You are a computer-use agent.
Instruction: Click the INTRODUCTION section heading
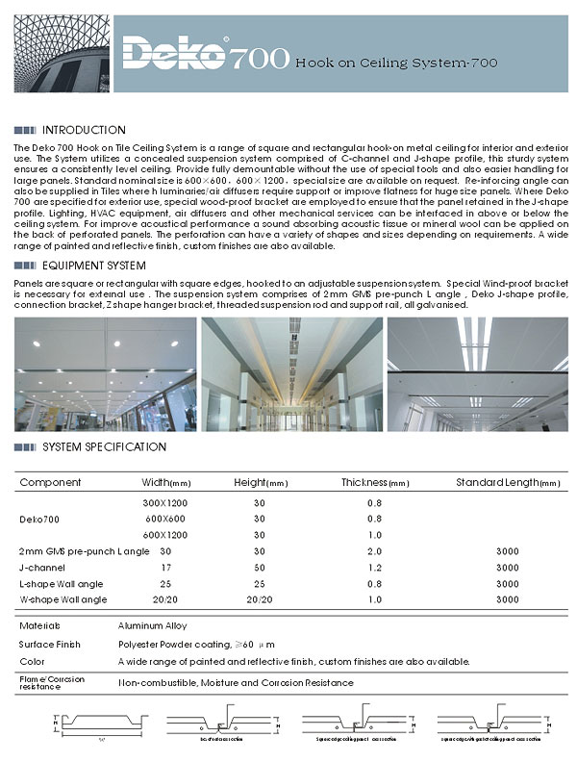coord(84,130)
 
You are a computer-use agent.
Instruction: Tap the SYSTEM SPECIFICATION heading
coord(105,447)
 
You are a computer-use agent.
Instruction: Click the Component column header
coord(51,482)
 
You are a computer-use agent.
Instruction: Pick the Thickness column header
coord(376,482)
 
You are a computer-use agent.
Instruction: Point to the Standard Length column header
coord(508,482)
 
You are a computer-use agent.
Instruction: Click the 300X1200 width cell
coord(165,502)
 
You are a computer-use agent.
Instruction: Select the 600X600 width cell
coord(165,519)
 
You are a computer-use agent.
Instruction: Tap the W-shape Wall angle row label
coord(63,600)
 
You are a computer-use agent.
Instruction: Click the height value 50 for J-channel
coord(259,568)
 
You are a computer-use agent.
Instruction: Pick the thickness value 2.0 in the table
coord(374,551)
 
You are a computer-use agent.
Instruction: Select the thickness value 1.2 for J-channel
coord(374,568)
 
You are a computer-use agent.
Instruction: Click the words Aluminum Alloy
coord(152,625)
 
